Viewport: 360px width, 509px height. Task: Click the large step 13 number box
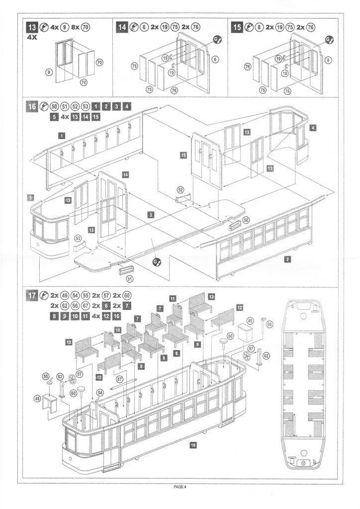tap(32, 28)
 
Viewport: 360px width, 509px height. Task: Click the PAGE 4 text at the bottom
tap(180, 487)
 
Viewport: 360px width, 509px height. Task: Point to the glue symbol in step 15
tap(329, 39)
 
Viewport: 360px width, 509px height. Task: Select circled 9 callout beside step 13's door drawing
tap(49, 72)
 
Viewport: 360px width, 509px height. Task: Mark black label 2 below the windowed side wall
tap(288, 259)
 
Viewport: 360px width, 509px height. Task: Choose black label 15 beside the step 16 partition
tap(183, 155)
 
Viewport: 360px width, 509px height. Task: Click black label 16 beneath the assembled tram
tap(192, 444)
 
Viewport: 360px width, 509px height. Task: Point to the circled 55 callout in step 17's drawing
tap(46, 376)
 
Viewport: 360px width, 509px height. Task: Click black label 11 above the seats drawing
tap(173, 299)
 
